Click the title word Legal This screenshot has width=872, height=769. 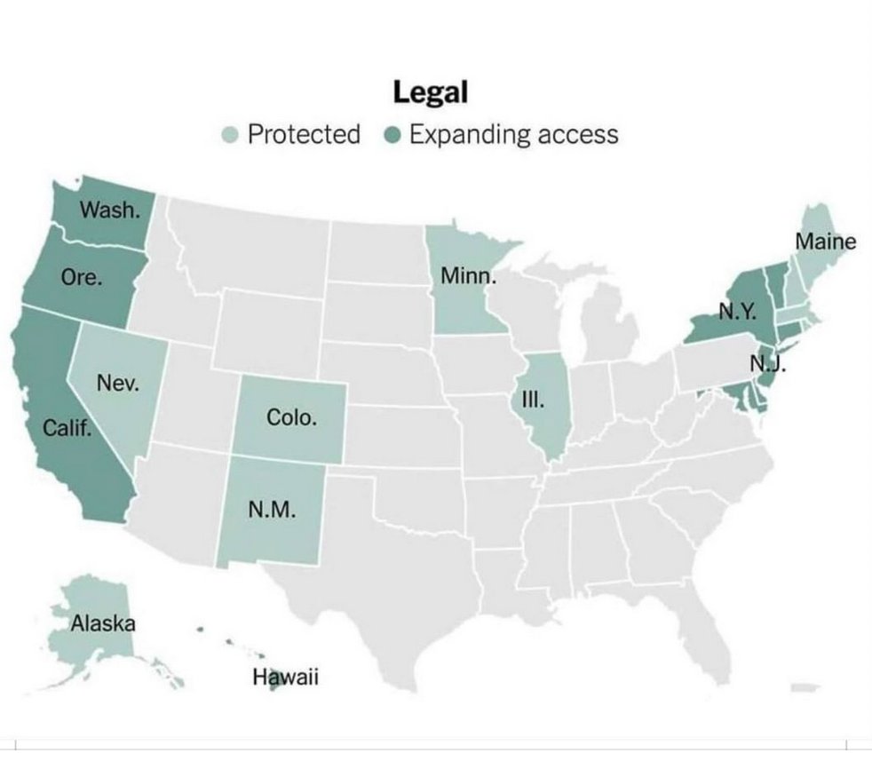(431, 91)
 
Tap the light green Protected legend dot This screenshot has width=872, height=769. (230, 135)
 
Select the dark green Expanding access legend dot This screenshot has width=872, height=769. (393, 135)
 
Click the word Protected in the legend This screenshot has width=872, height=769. (304, 135)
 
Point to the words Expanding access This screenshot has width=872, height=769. (513, 135)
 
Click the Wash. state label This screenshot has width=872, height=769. (109, 210)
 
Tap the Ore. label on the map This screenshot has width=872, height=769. (82, 276)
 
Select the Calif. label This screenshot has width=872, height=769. (67, 430)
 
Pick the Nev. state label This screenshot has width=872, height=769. (116, 384)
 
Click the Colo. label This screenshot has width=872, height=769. (291, 416)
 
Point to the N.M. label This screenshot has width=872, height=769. (272, 511)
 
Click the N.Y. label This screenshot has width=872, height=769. (736, 312)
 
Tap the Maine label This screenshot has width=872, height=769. (825, 242)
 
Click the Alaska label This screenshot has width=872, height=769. (103, 622)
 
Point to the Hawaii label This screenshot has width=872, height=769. (285, 678)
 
